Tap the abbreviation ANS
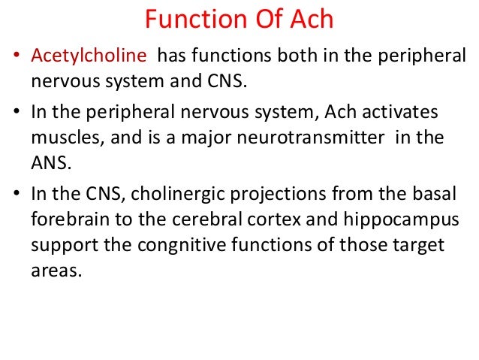pos(49,164)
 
